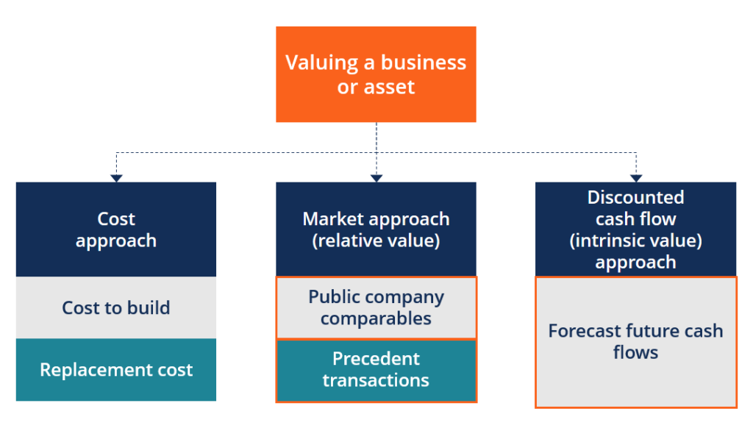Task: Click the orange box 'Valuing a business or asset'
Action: point(376,74)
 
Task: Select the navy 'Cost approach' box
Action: point(116,229)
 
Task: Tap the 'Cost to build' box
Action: point(116,307)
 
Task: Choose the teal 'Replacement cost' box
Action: point(116,370)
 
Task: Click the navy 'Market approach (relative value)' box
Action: point(376,229)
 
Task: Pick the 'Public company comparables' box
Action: point(376,307)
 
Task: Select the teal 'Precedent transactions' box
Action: point(376,370)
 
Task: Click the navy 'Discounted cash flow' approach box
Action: point(635,229)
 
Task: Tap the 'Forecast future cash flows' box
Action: point(635,342)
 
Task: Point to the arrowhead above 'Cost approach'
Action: point(116,177)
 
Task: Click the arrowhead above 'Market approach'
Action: point(376,177)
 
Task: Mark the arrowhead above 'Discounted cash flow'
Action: point(636,177)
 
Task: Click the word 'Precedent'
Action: point(376,359)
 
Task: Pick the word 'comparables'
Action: point(376,319)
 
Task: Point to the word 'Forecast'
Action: point(584,331)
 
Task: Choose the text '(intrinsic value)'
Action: point(635,241)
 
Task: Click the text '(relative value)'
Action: point(376,241)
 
